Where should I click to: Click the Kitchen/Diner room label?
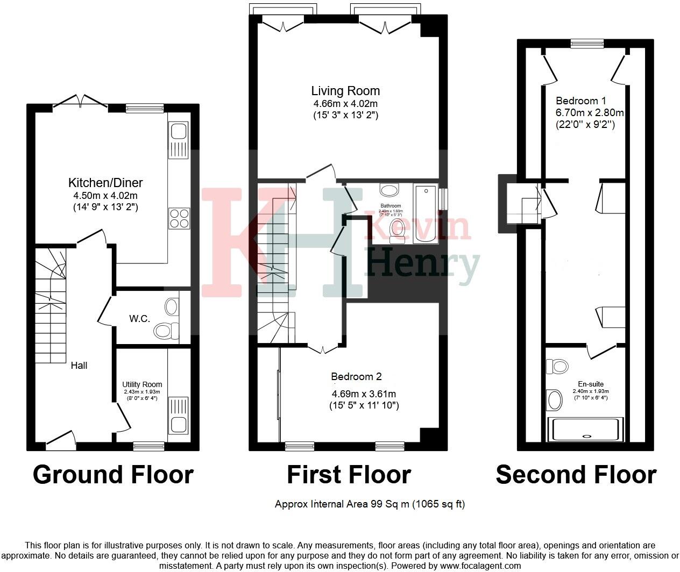(x=105, y=182)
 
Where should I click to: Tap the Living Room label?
(x=345, y=91)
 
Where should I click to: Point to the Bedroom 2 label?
(x=356, y=376)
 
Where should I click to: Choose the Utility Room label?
(x=142, y=384)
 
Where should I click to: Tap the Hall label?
(x=79, y=366)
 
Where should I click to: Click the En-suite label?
(x=591, y=384)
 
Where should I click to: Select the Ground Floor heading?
(x=113, y=475)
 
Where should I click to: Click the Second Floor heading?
(x=576, y=475)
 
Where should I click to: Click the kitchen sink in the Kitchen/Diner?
(x=178, y=140)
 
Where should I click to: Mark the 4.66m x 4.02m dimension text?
(x=345, y=104)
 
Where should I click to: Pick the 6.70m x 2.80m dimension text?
(x=590, y=113)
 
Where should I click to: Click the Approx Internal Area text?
(x=370, y=504)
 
